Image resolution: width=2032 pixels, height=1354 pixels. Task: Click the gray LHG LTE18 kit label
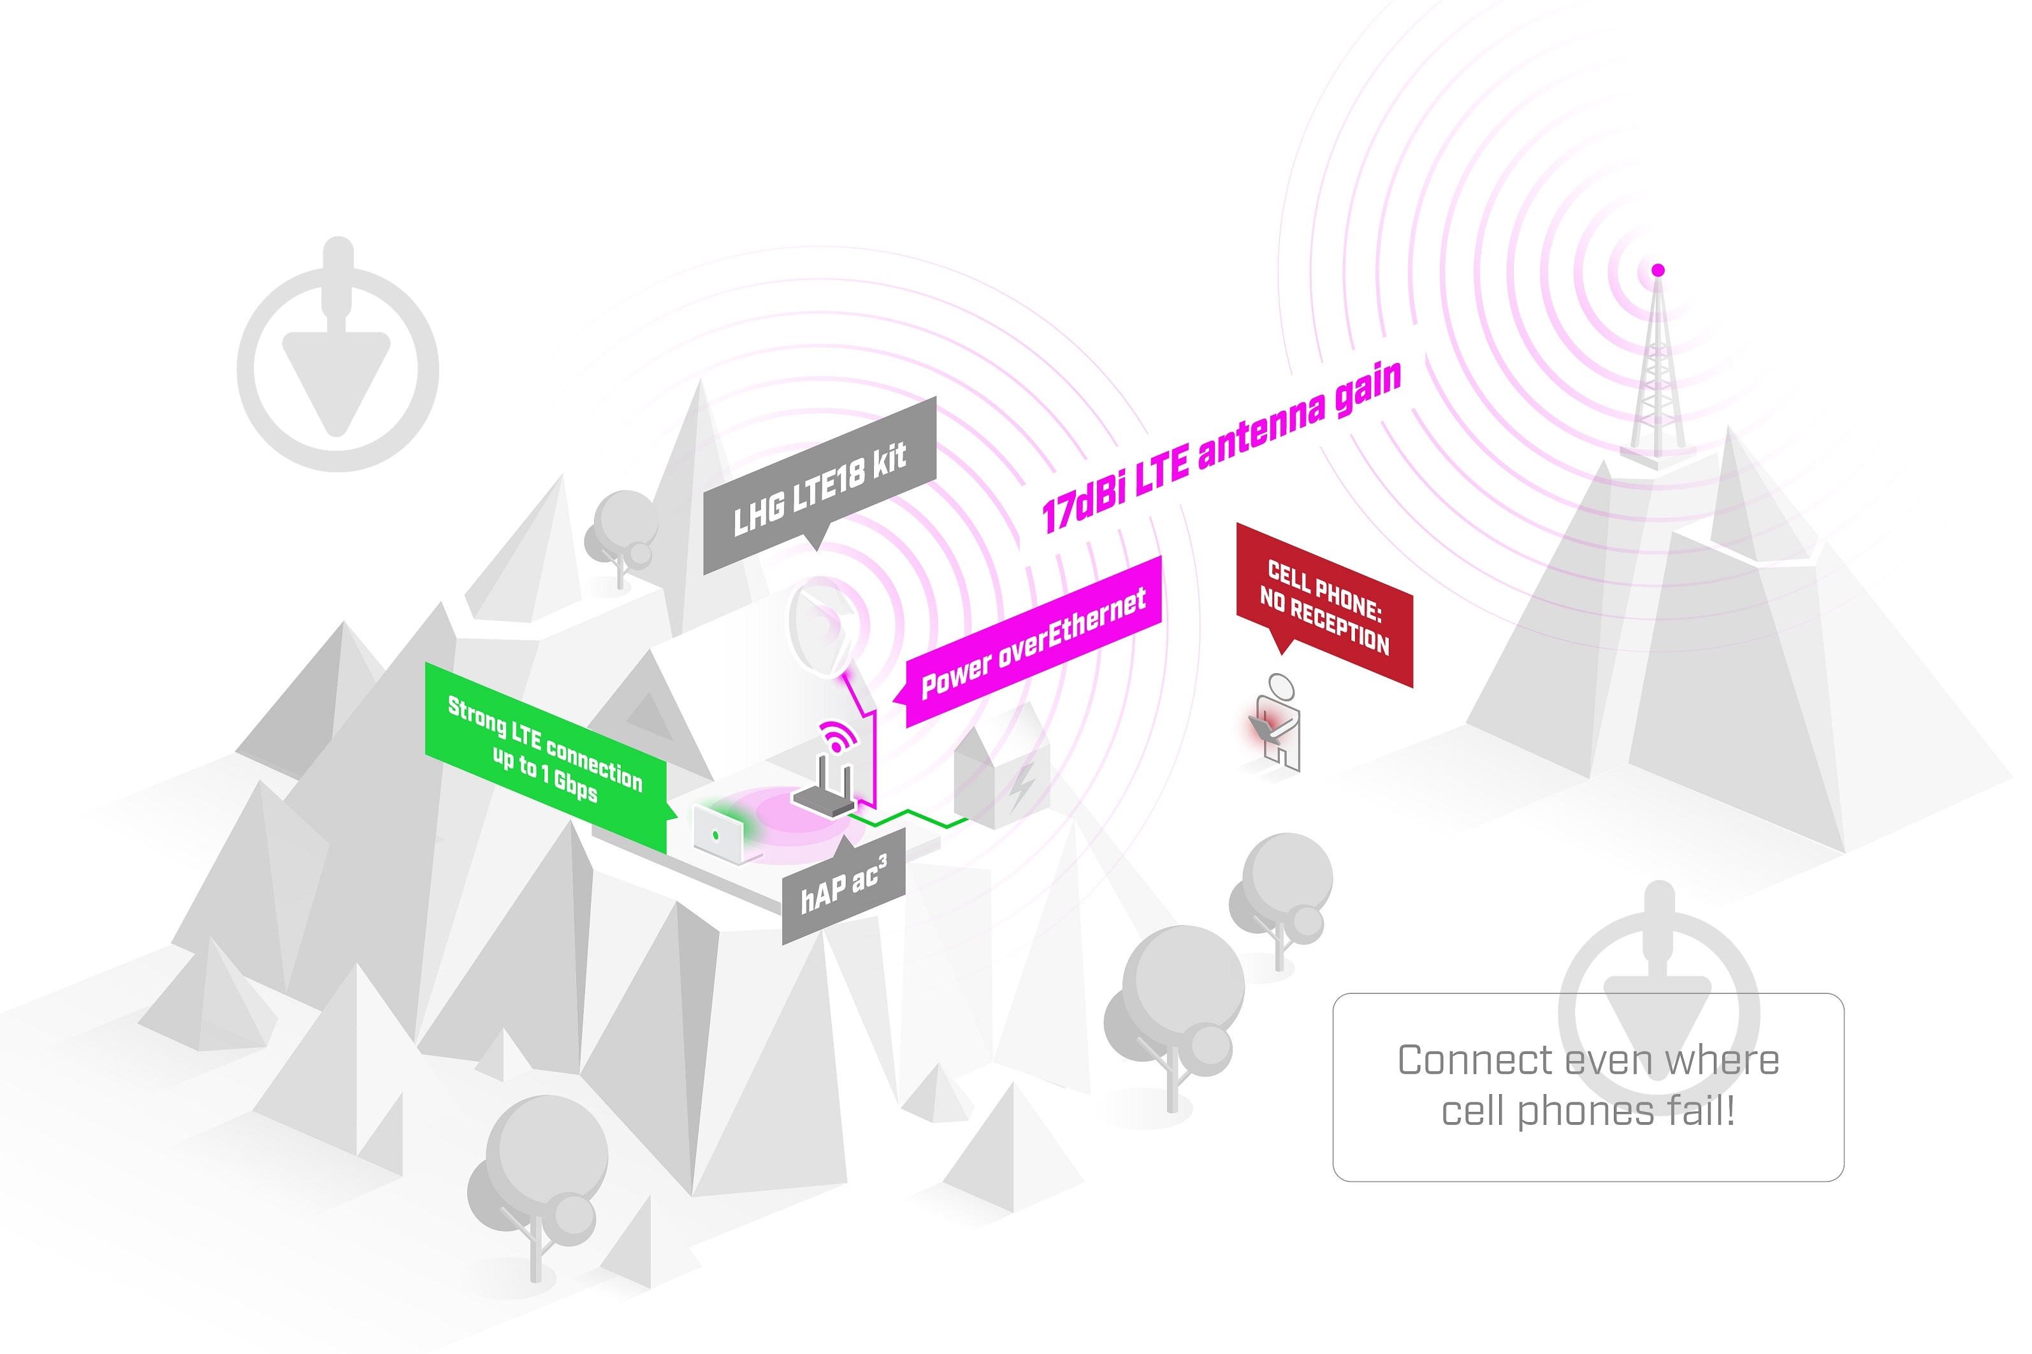(819, 485)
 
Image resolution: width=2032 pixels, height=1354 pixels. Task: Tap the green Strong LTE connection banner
(546, 757)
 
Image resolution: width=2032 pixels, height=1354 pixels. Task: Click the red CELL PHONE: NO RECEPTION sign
(1324, 604)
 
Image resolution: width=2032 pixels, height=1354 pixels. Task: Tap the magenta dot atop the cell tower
(1658, 270)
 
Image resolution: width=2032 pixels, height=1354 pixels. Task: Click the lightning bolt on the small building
(1023, 784)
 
